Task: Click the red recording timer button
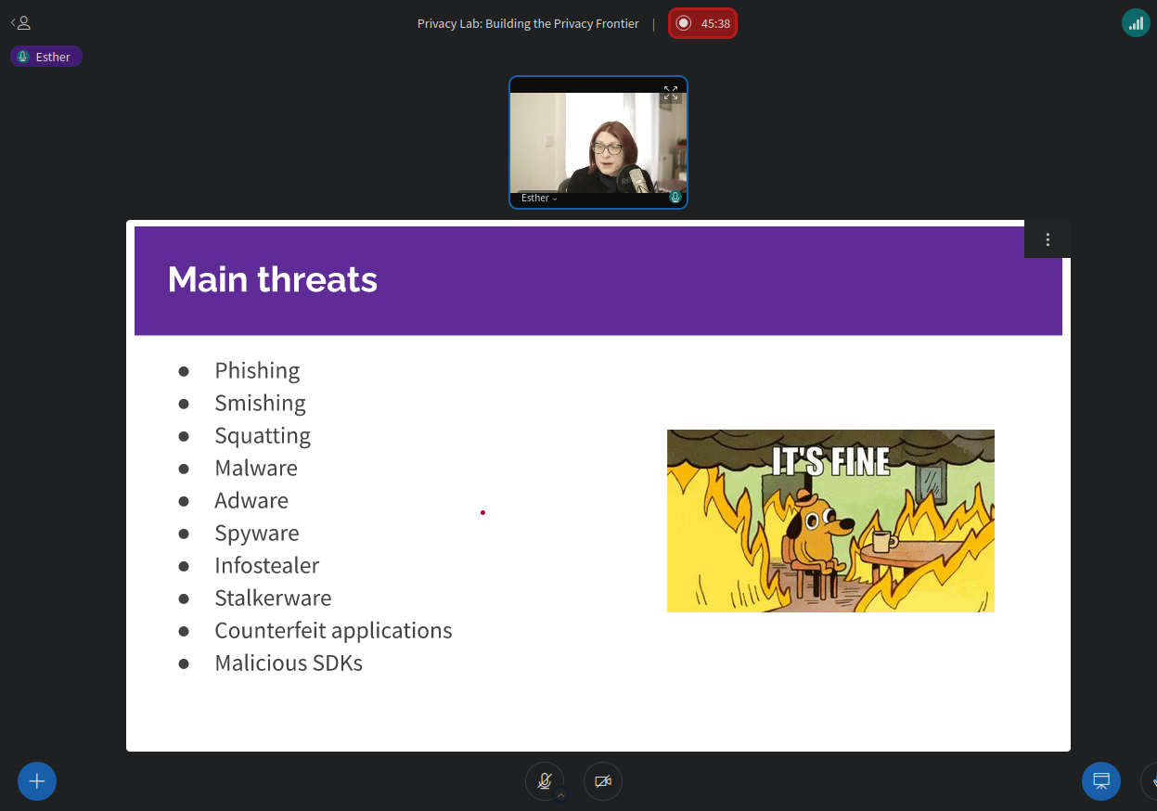pos(702,23)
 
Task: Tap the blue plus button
pos(37,781)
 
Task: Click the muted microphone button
pos(545,781)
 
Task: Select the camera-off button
pos(603,781)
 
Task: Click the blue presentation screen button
pos(1101,781)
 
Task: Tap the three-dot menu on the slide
pos(1048,239)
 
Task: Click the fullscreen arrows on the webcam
pos(671,93)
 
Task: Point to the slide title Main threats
pos(272,279)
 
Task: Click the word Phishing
pos(257,371)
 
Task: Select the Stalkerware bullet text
pos(273,598)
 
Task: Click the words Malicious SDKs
pos(289,663)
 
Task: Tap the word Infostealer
pos(267,565)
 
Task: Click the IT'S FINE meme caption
pos(830,461)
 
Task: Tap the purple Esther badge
pos(46,57)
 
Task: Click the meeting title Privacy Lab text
pos(528,24)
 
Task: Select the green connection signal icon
pos(1136,23)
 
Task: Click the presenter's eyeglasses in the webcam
pos(608,149)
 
